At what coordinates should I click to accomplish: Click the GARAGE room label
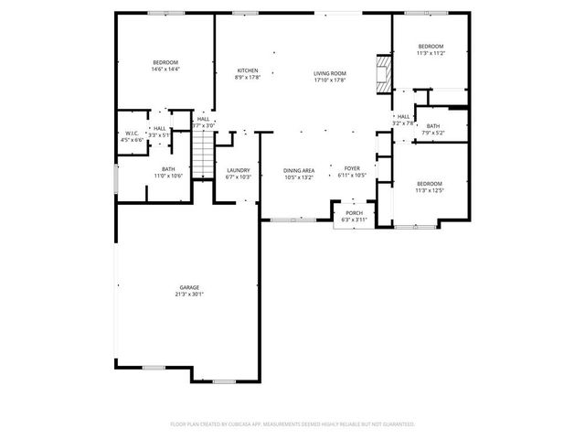[x=189, y=287]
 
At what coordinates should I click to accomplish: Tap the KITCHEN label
[x=248, y=70]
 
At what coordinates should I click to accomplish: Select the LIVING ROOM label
[x=330, y=73]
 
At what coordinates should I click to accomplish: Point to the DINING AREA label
[x=299, y=170]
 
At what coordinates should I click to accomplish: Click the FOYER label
[x=352, y=168]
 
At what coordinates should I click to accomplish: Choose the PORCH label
[x=354, y=213]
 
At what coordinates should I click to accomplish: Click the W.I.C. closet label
[x=133, y=134]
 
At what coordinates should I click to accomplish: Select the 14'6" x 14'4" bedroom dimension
[x=165, y=69]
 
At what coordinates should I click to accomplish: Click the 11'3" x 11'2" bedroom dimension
[x=431, y=54]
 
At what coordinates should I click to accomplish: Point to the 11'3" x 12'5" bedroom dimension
[x=429, y=190]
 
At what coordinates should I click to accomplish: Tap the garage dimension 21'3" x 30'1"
[x=189, y=294]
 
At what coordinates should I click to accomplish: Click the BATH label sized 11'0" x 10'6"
[x=168, y=168]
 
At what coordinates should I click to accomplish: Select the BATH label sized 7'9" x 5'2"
[x=432, y=126]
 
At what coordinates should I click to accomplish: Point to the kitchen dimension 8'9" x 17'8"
[x=248, y=78]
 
